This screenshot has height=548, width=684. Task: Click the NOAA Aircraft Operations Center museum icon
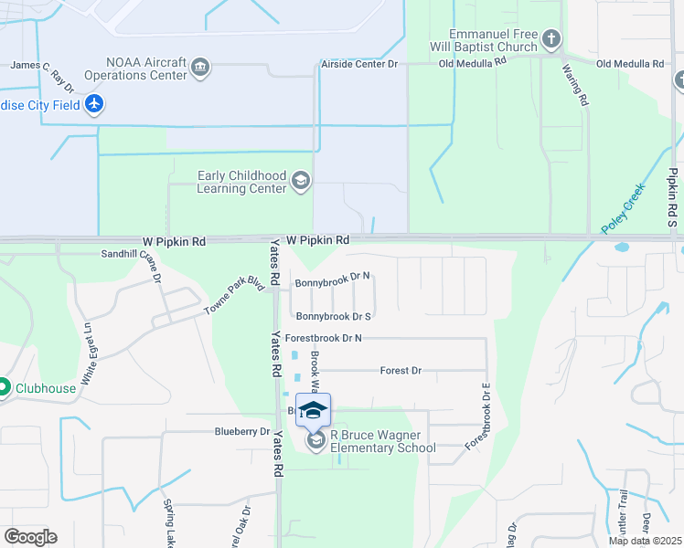coord(200,67)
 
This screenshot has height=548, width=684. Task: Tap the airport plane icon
coord(93,104)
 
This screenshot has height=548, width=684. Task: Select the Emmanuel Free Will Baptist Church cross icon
coord(550,39)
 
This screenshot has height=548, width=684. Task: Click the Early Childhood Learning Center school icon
coord(300,182)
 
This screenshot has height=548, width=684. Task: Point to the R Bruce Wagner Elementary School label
coord(382,442)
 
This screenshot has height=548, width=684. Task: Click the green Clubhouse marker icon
coord(4,388)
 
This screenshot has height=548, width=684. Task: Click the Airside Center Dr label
coord(359,64)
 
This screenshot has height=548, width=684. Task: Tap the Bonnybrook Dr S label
coord(332,316)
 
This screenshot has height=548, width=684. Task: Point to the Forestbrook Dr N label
coord(324,338)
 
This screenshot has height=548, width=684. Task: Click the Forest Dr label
coord(401,371)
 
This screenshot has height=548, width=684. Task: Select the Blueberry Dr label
coord(242,431)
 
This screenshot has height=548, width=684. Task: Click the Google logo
coord(30,537)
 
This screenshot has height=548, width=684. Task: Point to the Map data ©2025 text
coord(646,541)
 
